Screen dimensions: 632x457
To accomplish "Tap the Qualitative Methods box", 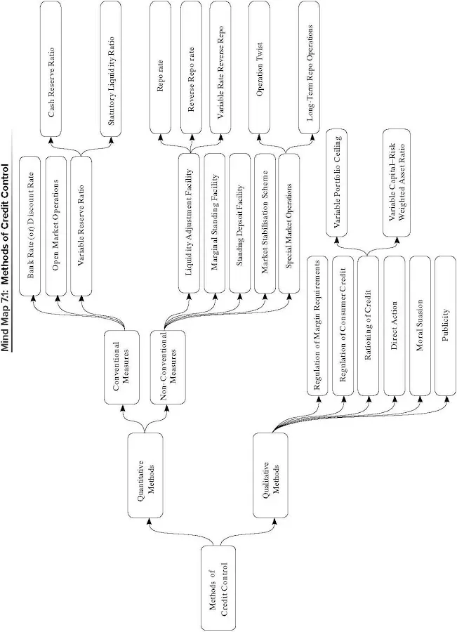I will [271, 478].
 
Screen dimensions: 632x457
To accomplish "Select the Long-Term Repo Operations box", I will [310, 70].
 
